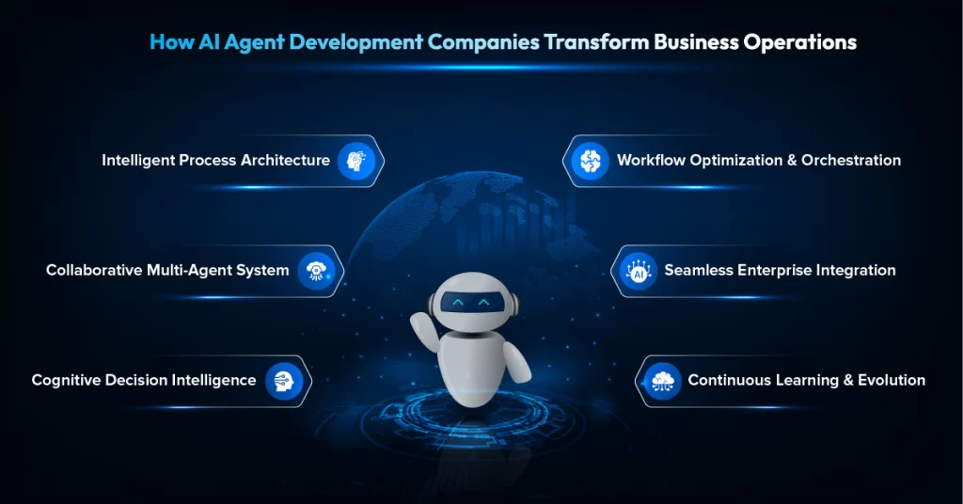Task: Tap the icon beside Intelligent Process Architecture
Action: pyautogui.click(x=356, y=161)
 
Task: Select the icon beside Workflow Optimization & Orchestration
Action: pyautogui.click(x=591, y=161)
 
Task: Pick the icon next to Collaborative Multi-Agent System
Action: pyautogui.click(x=316, y=271)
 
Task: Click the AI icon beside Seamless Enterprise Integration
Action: pyautogui.click(x=639, y=271)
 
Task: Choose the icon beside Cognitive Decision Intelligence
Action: pyautogui.click(x=283, y=381)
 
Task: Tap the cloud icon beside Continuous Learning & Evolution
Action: pyautogui.click(x=664, y=381)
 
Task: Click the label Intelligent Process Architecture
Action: pyautogui.click(x=215, y=161)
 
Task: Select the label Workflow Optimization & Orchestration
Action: pyautogui.click(x=758, y=161)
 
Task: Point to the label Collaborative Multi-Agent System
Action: pyautogui.click(x=167, y=271)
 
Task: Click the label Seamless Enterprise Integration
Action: pyautogui.click(x=780, y=271)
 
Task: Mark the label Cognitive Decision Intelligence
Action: pyautogui.click(x=143, y=381)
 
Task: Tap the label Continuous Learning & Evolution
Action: pyautogui.click(x=806, y=381)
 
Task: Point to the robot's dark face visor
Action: pyautogui.click(x=470, y=303)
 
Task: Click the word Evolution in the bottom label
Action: pyautogui.click(x=891, y=381)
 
